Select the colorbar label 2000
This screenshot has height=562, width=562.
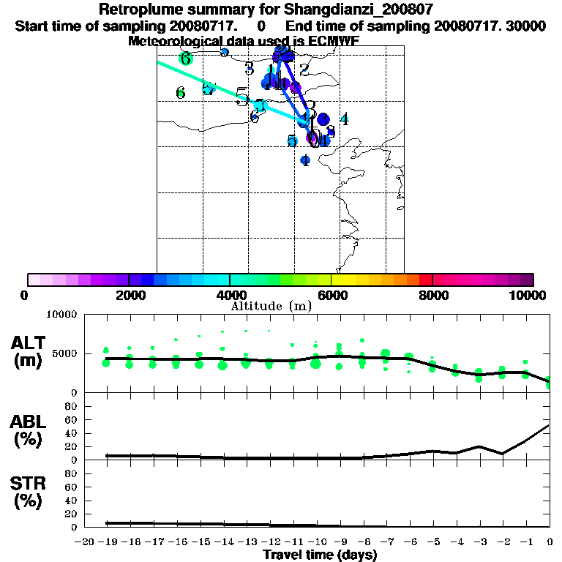(x=129, y=295)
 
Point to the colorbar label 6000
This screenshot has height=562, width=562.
(x=331, y=295)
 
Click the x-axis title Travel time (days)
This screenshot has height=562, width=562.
(x=320, y=555)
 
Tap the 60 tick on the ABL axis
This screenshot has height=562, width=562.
(x=71, y=420)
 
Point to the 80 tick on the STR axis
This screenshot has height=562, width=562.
(x=71, y=473)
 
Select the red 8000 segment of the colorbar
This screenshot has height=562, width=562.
(x=426, y=280)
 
